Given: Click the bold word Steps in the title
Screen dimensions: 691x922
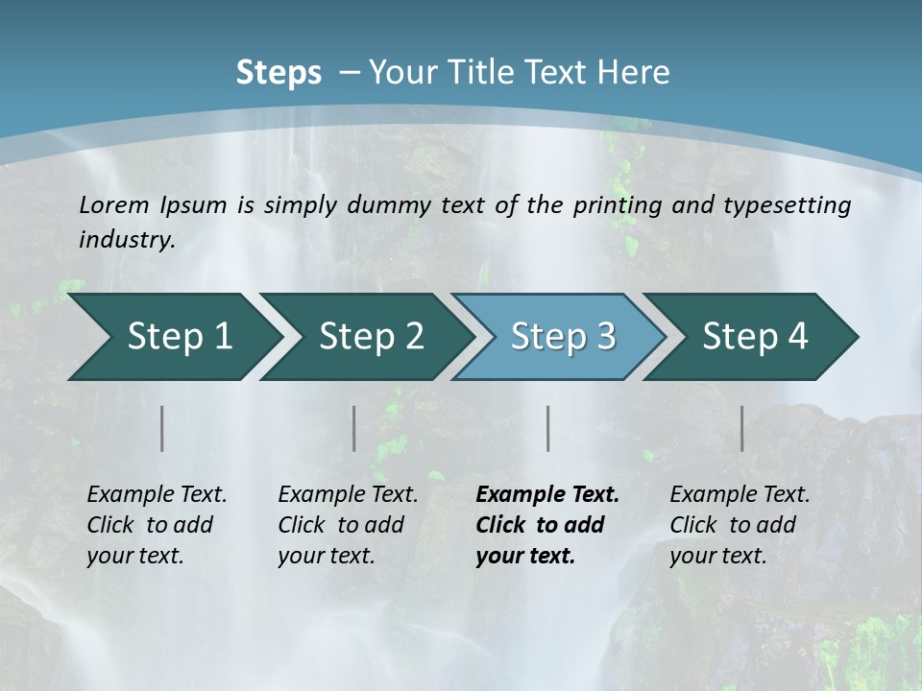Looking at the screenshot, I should coord(279,72).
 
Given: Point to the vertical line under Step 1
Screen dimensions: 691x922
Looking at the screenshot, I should coord(162,428).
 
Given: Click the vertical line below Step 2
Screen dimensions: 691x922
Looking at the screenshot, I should coord(354,428).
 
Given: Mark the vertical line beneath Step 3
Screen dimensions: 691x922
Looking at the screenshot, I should coord(548,428).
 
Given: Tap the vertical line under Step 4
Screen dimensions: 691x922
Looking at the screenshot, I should coord(742,428).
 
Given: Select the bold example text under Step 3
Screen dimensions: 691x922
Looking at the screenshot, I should coord(547,525).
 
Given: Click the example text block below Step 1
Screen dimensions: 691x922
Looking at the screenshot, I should coord(157,525).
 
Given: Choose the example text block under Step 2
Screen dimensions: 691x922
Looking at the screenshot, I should coord(348,525).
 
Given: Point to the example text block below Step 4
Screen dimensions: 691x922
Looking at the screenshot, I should coord(740,525).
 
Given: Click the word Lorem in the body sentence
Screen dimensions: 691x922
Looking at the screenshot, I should coord(114,204).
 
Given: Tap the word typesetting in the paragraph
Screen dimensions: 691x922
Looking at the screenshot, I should coord(791,205).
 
